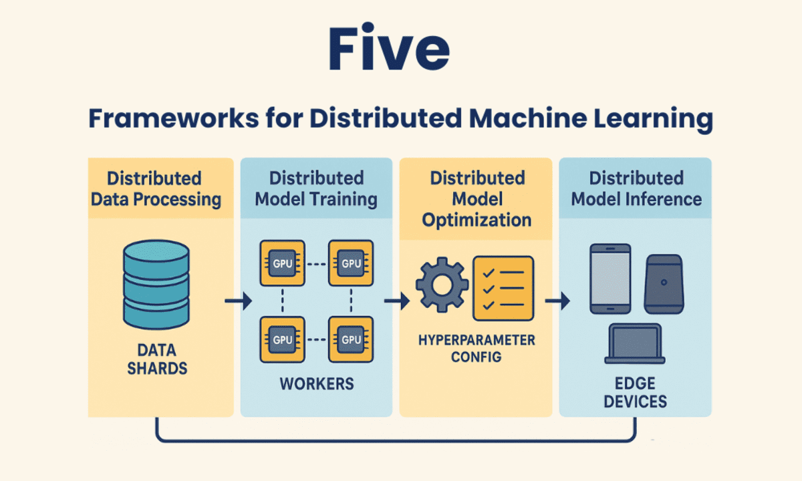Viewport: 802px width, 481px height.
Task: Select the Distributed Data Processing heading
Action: pyautogui.click(x=155, y=189)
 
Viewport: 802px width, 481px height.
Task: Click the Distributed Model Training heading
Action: pyautogui.click(x=316, y=189)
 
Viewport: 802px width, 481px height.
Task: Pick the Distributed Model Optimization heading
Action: pyautogui.click(x=477, y=199)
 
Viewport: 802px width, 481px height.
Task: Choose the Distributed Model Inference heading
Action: pyautogui.click(x=636, y=189)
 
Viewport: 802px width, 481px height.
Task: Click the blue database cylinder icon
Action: pyautogui.click(x=156, y=285)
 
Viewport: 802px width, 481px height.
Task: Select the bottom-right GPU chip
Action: pyautogui.click(x=351, y=339)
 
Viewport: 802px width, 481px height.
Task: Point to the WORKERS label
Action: pyautogui.click(x=316, y=385)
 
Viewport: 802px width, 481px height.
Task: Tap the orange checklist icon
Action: pyautogui.click(x=503, y=288)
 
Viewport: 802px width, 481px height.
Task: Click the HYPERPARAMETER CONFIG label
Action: pyautogui.click(x=477, y=348)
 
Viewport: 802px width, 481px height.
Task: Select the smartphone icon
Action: pyautogui.click(x=610, y=278)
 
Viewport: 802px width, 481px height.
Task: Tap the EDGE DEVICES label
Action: pyautogui.click(x=636, y=393)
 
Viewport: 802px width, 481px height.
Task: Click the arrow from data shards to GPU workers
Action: pyautogui.click(x=238, y=302)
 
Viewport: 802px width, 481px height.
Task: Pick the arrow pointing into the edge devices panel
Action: pyautogui.click(x=556, y=302)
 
